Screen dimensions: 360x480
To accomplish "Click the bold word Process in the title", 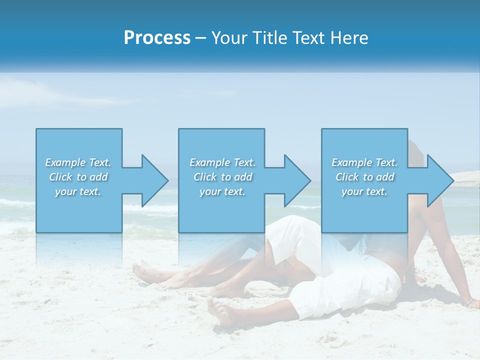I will point(157,38).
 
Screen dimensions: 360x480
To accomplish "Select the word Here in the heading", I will point(349,38).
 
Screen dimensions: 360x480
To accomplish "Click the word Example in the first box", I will point(65,162).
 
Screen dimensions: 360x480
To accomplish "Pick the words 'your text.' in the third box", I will point(364,191).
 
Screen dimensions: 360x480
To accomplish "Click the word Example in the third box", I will point(352,162).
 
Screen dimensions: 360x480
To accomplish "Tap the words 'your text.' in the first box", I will point(78,191).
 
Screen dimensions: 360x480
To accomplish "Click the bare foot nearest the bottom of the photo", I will point(220,312).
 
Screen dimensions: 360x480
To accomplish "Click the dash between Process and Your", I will point(200,38).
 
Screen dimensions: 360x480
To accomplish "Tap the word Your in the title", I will point(227,38).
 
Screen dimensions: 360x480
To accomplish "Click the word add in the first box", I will point(98,177).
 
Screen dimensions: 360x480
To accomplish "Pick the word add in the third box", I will point(385,177).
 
